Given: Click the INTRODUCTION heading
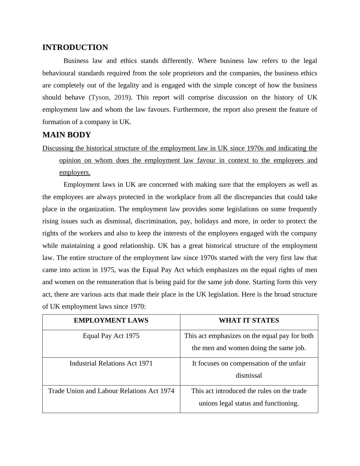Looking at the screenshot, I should pos(75,48).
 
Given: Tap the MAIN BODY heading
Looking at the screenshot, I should pos(67,135).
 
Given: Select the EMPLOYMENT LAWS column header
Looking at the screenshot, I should pos(111,320).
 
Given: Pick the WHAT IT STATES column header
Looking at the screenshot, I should pos(249,320).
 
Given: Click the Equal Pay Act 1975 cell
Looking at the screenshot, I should pos(111,336).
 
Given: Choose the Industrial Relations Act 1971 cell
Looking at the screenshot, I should pos(111,363).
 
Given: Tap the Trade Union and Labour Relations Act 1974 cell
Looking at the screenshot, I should pos(111,391).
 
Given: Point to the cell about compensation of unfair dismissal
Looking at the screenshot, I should pos(249,369).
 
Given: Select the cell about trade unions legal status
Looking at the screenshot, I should pos(249,397).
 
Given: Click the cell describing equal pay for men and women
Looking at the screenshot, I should pos(249,342).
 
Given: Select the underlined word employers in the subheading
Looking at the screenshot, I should pos(74,172).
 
